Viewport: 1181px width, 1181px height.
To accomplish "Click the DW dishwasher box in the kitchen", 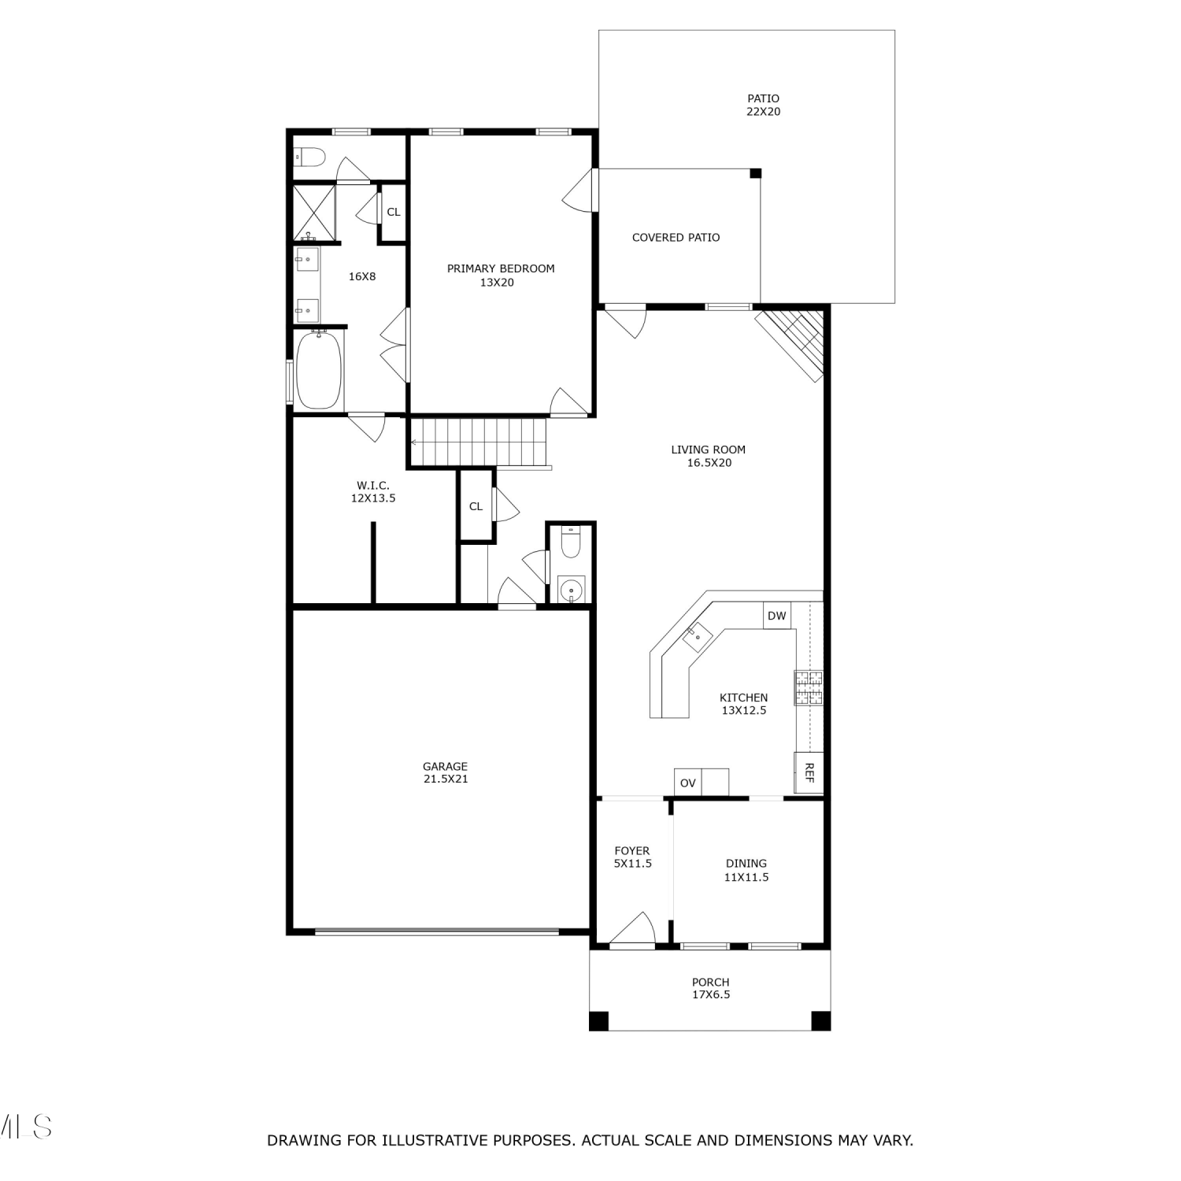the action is point(777,616).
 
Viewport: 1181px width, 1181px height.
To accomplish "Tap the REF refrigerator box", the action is point(809,772).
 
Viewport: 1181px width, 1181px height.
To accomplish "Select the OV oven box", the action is point(688,783).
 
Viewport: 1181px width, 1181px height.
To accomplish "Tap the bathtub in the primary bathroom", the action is point(319,370).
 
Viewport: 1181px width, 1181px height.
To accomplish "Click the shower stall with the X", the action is point(314,213).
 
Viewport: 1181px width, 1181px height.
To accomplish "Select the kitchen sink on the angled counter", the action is point(697,636).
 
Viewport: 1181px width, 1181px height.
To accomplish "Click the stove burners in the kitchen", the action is point(809,687).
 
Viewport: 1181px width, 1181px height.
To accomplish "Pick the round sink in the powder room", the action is point(572,589).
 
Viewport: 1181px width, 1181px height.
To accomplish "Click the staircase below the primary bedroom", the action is point(479,442).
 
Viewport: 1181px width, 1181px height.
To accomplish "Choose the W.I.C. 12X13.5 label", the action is point(373,492).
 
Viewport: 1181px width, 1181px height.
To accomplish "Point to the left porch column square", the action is point(599,1020).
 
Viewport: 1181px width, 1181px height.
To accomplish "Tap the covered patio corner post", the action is point(756,173).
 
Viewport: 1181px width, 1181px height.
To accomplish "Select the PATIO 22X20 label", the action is point(764,105).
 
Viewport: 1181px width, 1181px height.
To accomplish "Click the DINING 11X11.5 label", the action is point(746,870).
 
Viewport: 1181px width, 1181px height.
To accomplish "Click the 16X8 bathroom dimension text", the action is point(362,276).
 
